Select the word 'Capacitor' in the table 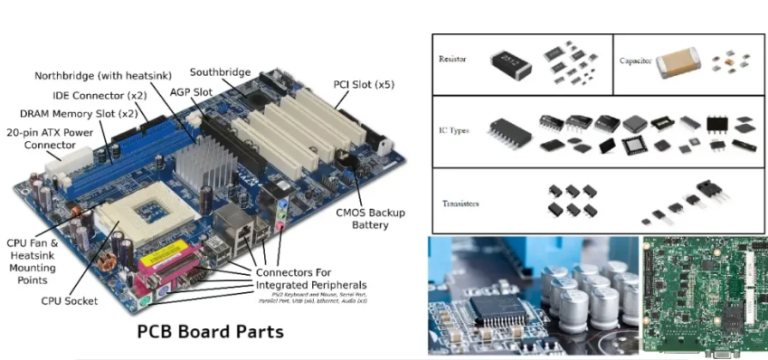point(636,61)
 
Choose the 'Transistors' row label point(460,203)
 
